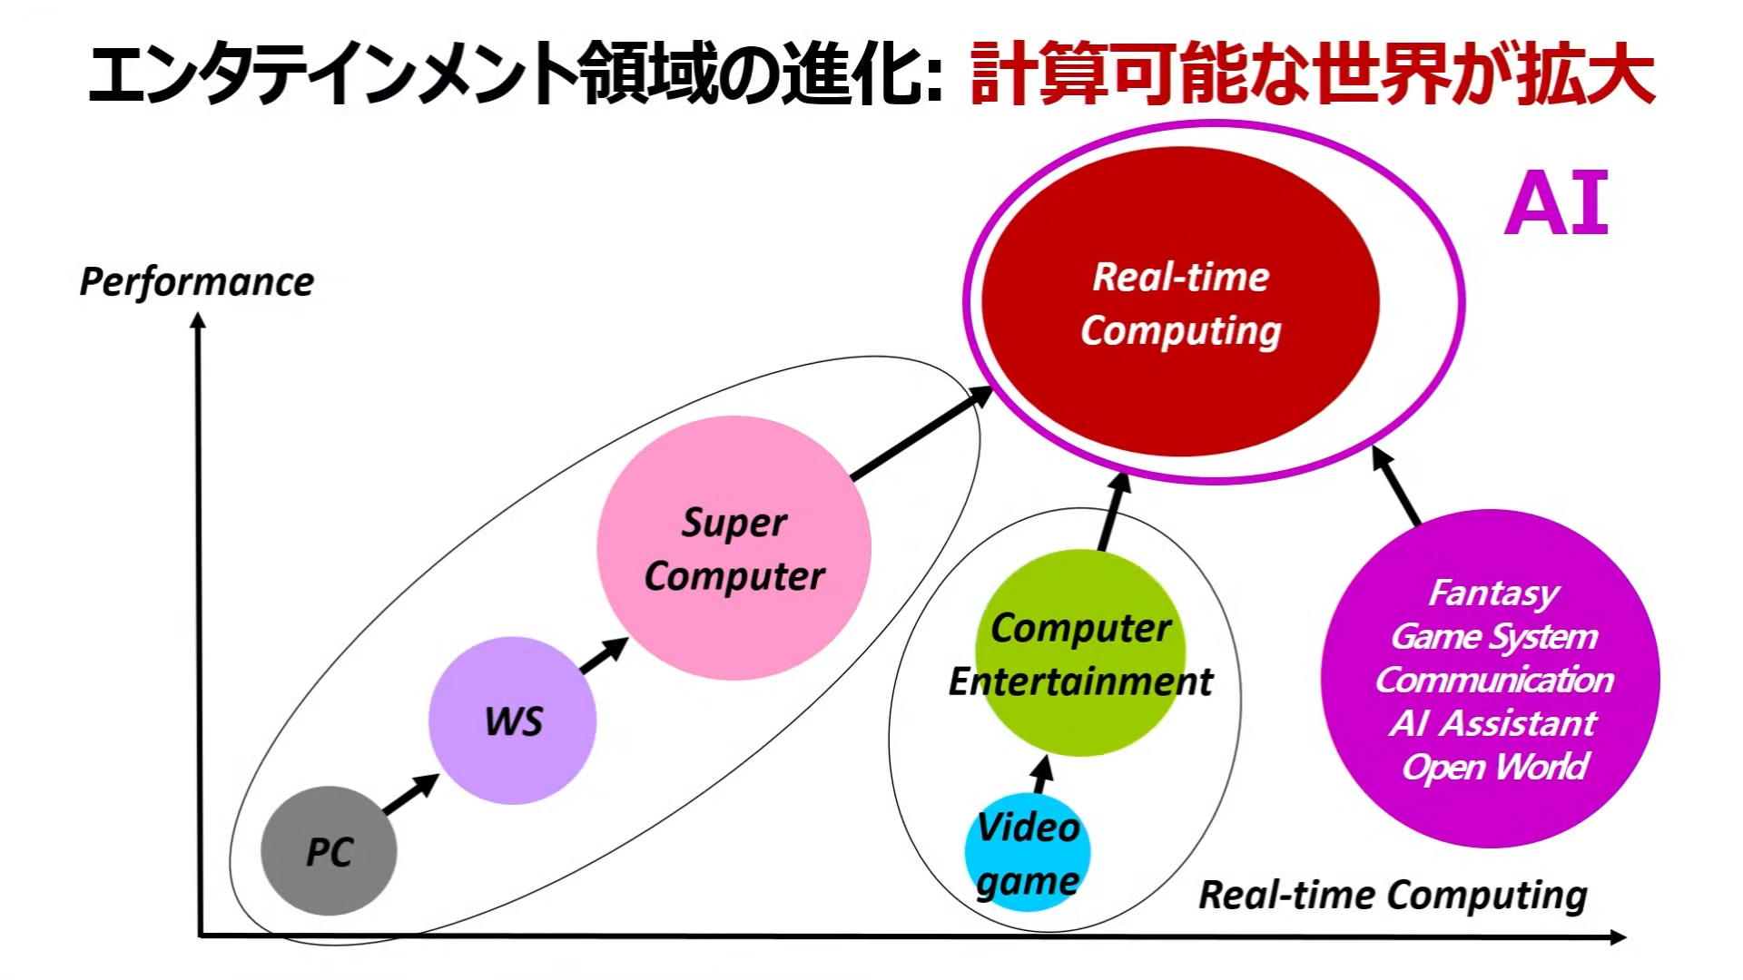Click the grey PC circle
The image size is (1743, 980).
click(x=329, y=851)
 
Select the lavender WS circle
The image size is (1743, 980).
click(x=513, y=720)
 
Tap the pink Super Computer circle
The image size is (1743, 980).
click(x=734, y=548)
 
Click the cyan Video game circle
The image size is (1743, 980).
click(x=1028, y=853)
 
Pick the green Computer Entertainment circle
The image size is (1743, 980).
click(x=1080, y=653)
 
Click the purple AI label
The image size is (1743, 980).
click(x=1556, y=204)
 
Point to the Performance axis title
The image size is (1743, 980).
click(x=197, y=281)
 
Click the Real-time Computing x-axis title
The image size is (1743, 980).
click(x=1393, y=895)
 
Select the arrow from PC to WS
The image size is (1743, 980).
click(x=410, y=794)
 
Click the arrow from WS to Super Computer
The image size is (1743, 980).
click(x=604, y=655)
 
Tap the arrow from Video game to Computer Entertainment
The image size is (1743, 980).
click(x=1042, y=775)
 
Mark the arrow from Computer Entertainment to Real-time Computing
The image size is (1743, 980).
click(x=1113, y=513)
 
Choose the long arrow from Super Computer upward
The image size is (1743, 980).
click(x=921, y=433)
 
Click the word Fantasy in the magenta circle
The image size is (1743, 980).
click(x=1494, y=593)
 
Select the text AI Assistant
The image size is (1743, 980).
click(x=1493, y=723)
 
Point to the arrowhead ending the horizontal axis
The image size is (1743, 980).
click(x=1618, y=937)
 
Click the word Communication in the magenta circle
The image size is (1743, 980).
click(x=1494, y=680)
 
